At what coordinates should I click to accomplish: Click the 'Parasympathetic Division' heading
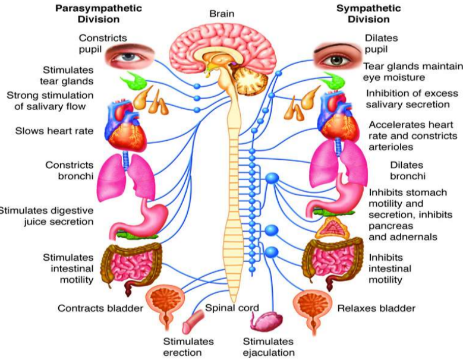tap(99, 14)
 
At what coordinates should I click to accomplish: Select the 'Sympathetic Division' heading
tap(368, 14)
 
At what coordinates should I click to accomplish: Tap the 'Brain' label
tap(222, 14)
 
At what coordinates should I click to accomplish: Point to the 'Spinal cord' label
tap(232, 308)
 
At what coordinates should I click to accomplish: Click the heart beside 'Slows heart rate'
tap(125, 126)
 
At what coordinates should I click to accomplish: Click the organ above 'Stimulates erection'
tap(193, 322)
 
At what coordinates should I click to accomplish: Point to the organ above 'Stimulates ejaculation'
tap(266, 321)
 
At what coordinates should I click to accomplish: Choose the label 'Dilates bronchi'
tap(408, 170)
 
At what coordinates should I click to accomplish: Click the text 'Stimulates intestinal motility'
tap(68, 269)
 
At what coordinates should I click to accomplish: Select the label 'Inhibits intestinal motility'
tap(390, 269)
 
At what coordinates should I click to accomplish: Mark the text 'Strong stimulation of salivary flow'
tap(50, 100)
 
